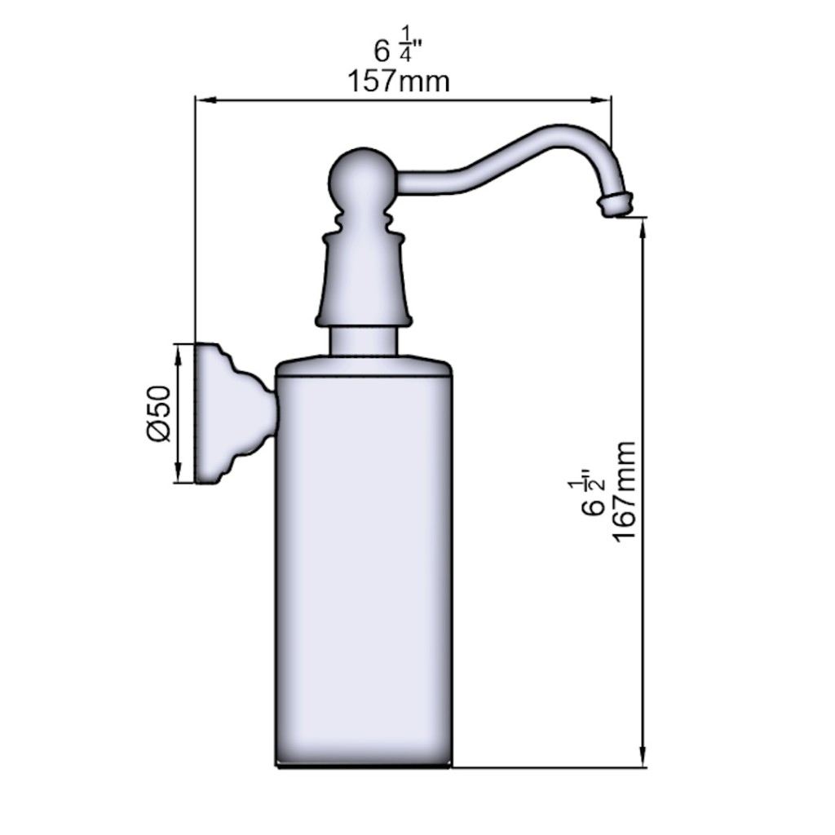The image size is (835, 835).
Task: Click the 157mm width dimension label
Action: coord(398,82)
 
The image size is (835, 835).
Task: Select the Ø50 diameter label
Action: coord(159,413)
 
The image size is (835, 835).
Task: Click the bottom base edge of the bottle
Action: coord(364,765)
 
